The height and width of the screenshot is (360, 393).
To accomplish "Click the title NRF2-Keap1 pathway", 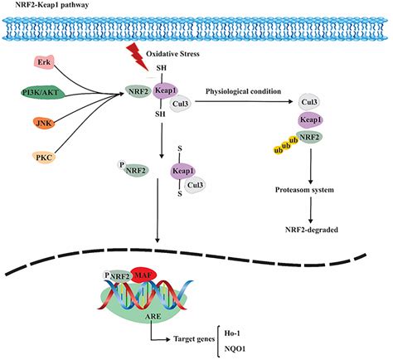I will [51, 6].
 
